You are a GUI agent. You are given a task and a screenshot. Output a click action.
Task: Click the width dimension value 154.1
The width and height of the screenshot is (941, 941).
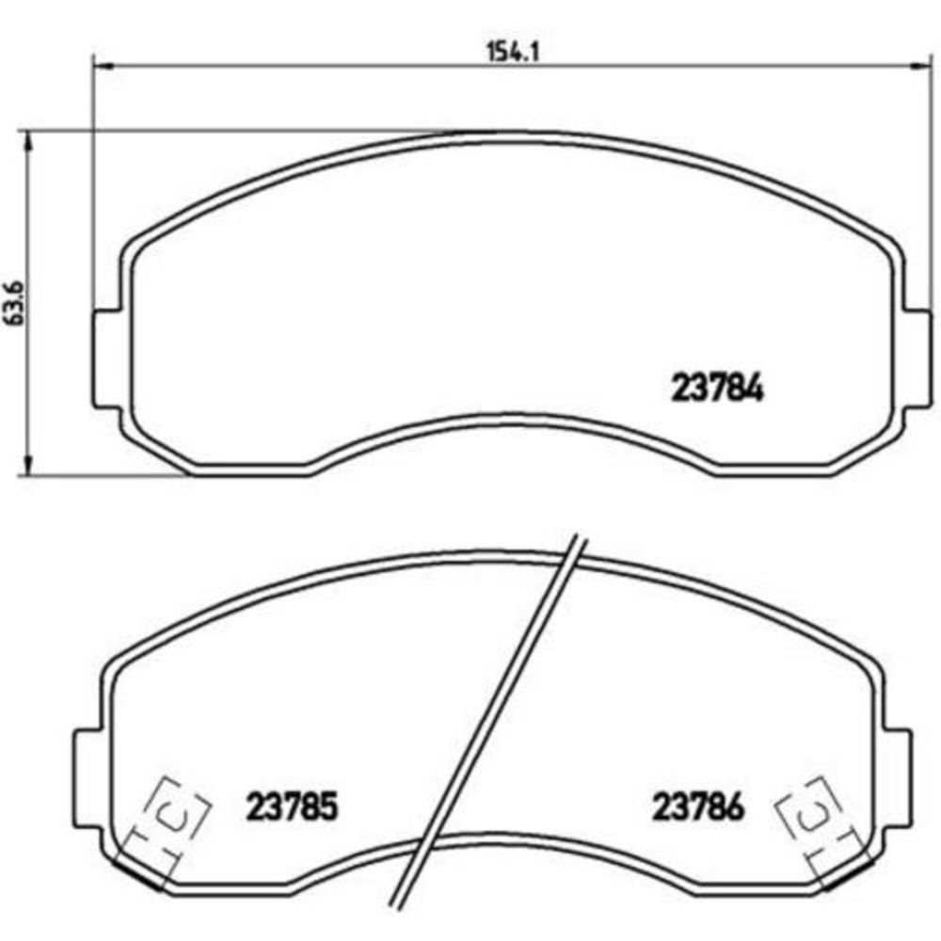pyautogui.click(x=513, y=52)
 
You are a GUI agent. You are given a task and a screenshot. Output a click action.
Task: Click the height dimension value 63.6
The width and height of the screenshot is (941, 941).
pyautogui.click(x=14, y=302)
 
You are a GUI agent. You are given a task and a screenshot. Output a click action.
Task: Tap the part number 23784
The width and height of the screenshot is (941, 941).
pyautogui.click(x=717, y=388)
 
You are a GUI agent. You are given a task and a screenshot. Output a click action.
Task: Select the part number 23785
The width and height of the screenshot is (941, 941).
pyautogui.click(x=293, y=806)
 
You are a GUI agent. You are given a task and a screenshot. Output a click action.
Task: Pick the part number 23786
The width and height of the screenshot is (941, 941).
pyautogui.click(x=698, y=806)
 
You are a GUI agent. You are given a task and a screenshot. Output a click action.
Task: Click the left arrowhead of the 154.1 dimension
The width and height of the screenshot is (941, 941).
pyautogui.click(x=102, y=66)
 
